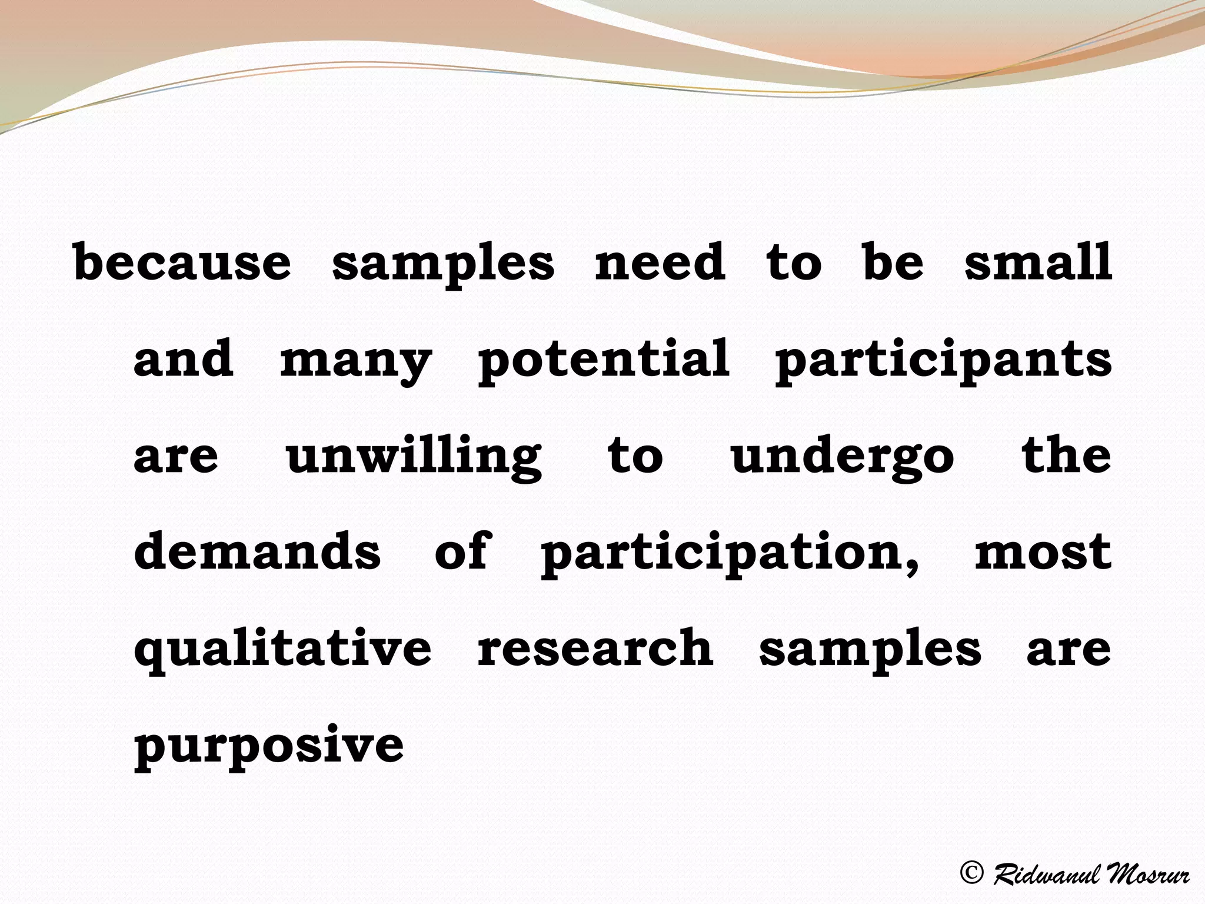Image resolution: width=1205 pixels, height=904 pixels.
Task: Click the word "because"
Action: pos(182,262)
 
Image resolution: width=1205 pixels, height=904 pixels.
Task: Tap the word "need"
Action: pos(660,262)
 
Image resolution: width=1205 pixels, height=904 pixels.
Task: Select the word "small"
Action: pos(1038,262)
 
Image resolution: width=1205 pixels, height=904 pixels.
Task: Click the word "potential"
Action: pos(604,360)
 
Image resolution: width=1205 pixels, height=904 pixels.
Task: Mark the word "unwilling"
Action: pos(414,457)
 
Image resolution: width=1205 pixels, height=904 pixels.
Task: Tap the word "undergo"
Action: pos(842,457)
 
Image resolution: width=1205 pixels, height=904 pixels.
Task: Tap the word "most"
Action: pos(1043,553)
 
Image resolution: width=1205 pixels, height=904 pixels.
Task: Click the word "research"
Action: pos(595,648)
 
